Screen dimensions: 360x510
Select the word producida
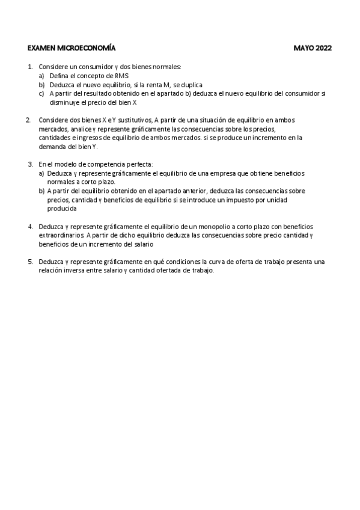click(62, 208)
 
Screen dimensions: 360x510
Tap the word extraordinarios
click(61, 235)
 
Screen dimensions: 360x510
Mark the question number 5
click(30, 262)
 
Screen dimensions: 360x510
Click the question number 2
click(28, 120)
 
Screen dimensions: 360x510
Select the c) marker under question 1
click(42, 93)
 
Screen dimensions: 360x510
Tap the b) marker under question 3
click(42, 190)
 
